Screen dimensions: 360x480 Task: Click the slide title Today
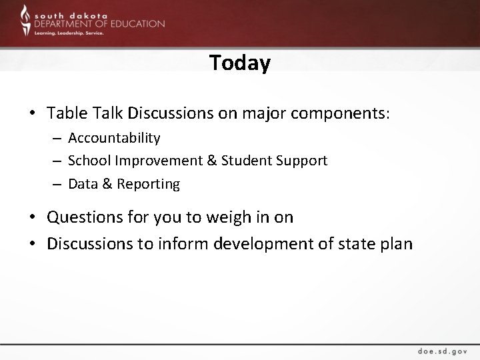[240, 63]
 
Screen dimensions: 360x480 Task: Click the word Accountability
[114, 138]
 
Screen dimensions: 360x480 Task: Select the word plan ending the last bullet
[397, 244]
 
